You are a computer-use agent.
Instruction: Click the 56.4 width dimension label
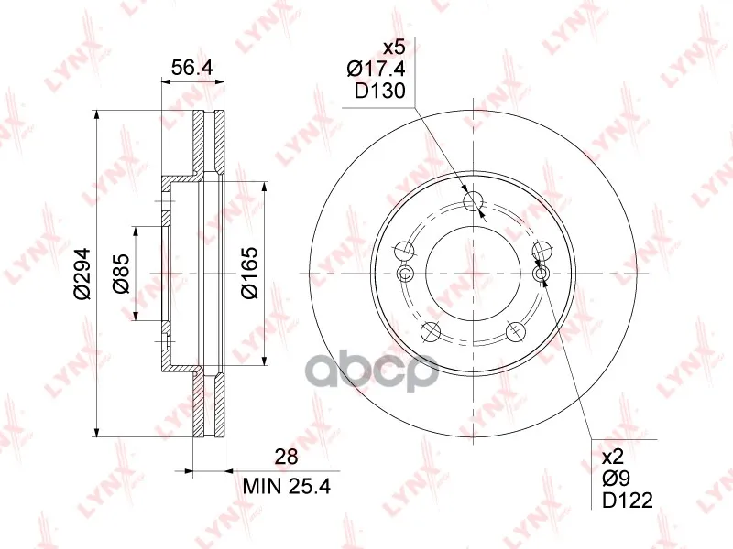click(191, 68)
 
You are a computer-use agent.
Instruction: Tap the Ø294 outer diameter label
click(82, 274)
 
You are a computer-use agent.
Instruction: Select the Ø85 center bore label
click(121, 274)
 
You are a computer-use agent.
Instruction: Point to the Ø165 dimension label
click(249, 273)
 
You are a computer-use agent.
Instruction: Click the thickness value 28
click(286, 457)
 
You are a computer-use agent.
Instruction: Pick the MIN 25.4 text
click(287, 487)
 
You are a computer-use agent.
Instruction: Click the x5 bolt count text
click(394, 48)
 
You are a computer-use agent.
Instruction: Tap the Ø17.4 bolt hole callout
click(376, 70)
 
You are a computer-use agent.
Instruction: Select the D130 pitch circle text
click(379, 91)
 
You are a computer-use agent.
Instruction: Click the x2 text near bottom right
click(613, 456)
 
